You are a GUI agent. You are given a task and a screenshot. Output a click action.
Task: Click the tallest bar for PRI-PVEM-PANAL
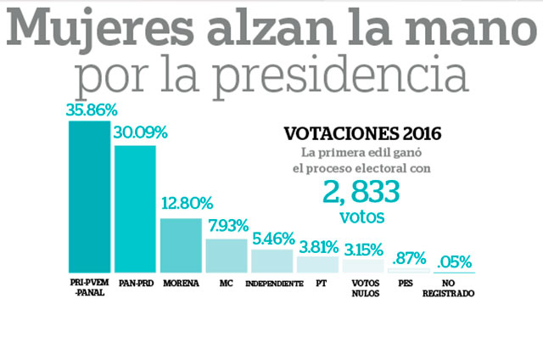[89, 196]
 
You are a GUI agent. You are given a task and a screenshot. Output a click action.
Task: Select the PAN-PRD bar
[135, 209]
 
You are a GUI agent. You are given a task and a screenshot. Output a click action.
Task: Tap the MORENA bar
[180, 245]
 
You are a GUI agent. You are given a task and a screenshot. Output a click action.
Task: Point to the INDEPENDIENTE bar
[271, 261]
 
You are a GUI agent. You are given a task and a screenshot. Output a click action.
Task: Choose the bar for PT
[317, 264]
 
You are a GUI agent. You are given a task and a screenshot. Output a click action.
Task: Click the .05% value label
[454, 261]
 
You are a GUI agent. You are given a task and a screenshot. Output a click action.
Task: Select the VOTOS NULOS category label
[362, 288]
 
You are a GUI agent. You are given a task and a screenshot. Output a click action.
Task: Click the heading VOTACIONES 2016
[361, 134]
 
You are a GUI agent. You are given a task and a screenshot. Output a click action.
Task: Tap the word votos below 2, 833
[361, 218]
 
